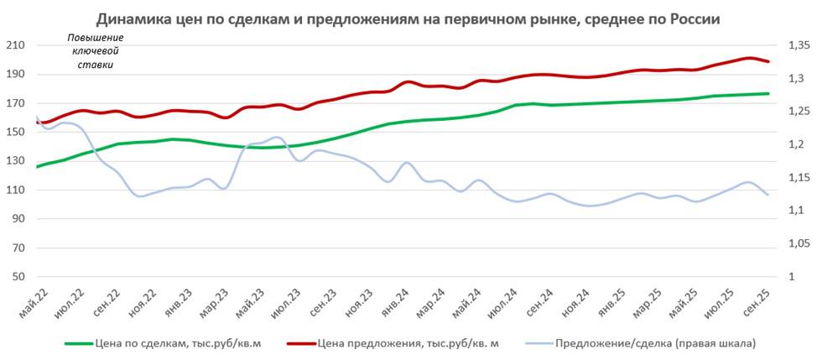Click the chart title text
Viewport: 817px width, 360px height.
point(408,18)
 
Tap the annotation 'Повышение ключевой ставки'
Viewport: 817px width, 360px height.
point(94,51)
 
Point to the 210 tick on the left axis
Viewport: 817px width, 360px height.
point(16,45)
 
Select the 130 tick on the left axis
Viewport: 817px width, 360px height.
point(16,161)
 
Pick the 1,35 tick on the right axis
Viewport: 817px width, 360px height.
point(793,45)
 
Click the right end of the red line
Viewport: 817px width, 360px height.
point(768,61)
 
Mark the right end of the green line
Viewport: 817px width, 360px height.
point(768,93)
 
